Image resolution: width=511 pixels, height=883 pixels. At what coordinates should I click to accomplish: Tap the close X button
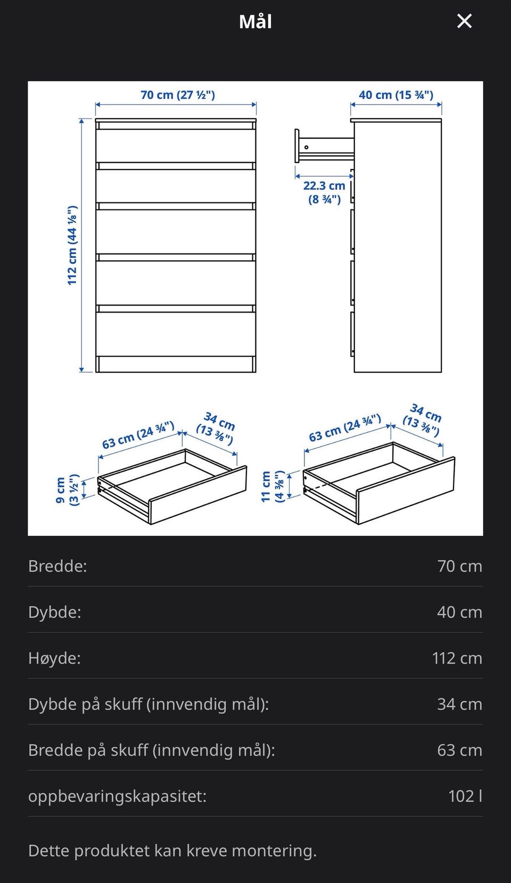[x=465, y=21]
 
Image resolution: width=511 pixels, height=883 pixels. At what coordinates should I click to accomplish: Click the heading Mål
[x=256, y=22]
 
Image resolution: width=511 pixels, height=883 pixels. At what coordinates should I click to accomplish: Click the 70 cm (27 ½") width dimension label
[x=178, y=95]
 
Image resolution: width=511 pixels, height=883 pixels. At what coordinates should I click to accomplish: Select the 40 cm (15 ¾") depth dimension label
[x=396, y=95]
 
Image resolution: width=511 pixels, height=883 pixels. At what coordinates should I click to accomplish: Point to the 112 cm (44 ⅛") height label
[x=72, y=245]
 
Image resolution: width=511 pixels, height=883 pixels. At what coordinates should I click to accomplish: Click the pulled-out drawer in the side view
[x=324, y=146]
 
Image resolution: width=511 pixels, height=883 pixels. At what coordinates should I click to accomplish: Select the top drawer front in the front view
[x=176, y=146]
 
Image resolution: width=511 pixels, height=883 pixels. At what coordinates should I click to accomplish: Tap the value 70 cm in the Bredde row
[x=460, y=566]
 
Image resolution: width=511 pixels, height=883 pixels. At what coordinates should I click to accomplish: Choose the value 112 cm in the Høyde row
[x=457, y=658]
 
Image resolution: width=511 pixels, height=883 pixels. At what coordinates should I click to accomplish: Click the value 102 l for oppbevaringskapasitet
[x=465, y=796]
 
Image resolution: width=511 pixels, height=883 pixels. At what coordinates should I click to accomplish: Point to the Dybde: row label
[x=54, y=612]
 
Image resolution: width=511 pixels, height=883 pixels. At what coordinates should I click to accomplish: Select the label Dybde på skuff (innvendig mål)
[x=149, y=704]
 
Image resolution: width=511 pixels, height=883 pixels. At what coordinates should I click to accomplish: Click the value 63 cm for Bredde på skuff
[x=460, y=750]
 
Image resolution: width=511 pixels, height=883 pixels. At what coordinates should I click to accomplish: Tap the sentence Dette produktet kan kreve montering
[x=172, y=851]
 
